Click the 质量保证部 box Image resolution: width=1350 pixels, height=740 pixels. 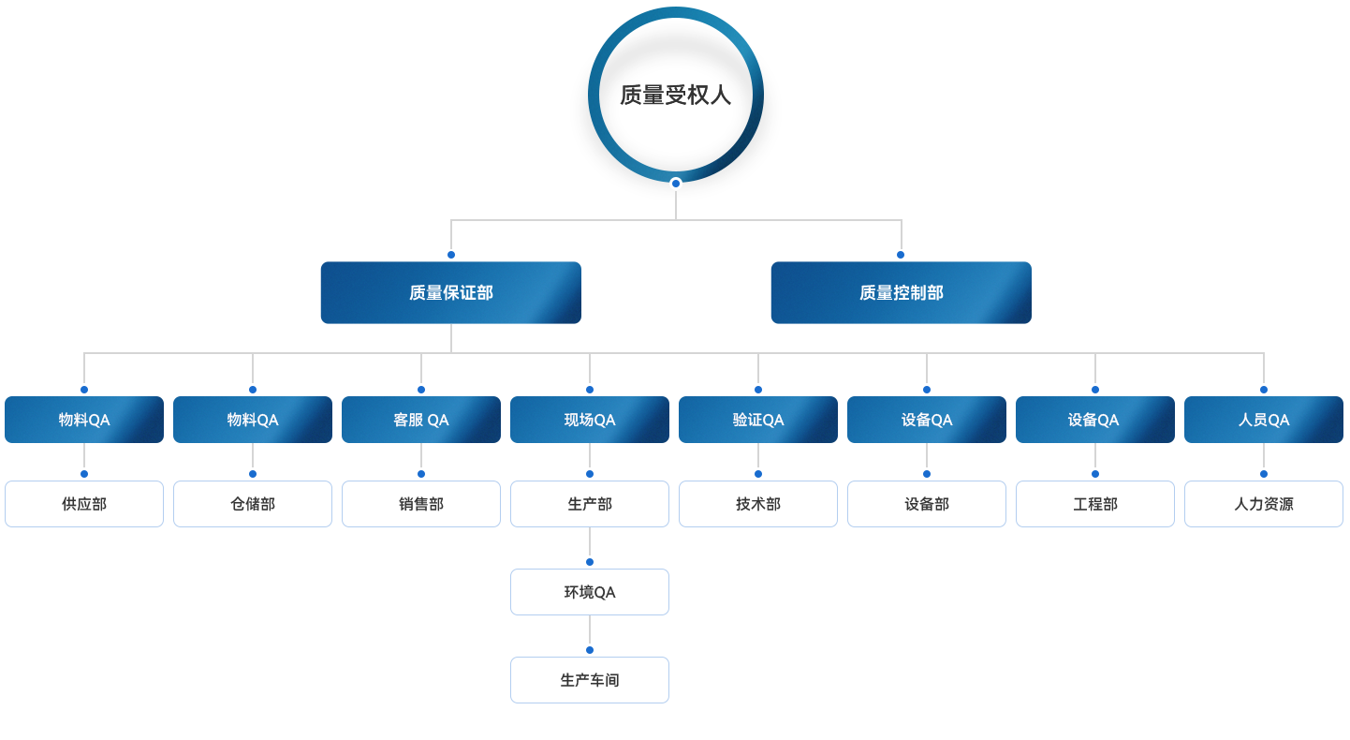pos(450,292)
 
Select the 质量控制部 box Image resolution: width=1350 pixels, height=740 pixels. pos(901,292)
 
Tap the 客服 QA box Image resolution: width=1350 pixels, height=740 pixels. pos(420,419)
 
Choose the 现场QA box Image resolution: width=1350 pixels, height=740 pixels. pos(589,419)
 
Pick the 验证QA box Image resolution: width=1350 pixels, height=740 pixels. pos(757,419)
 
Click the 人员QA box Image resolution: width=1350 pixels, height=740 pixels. pos(1263,419)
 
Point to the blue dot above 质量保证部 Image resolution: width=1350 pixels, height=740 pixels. pos(450,255)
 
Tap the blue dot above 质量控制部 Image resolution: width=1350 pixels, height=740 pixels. pos(901,255)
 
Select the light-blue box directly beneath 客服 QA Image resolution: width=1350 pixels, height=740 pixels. pos(420,504)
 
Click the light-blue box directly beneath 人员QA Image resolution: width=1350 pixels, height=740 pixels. pos(1263,504)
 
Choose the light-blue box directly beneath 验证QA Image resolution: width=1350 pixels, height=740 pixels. pos(757,504)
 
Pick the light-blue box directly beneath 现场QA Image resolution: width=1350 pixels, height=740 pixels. pos(589,504)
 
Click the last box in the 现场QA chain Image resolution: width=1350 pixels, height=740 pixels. pos(589,679)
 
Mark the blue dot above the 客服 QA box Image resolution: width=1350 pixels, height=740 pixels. pos(421,390)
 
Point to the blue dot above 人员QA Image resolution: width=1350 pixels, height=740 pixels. pos(1263,390)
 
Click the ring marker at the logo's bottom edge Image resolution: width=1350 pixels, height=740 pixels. pos(676,184)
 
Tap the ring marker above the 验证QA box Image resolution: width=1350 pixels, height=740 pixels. pos(758,390)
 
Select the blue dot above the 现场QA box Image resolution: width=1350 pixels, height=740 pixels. pos(590,390)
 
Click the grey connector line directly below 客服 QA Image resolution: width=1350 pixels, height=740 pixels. pos(420,456)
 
